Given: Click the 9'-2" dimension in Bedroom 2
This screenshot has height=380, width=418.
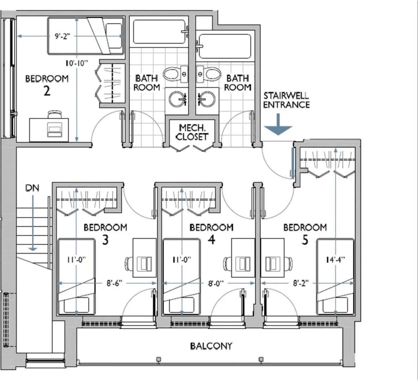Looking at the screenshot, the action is point(63,36).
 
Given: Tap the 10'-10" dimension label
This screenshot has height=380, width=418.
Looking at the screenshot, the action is point(77,63).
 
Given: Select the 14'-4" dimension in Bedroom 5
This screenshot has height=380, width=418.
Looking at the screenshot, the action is point(336,259).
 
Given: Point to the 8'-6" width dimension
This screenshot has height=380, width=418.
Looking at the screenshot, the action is point(115,283).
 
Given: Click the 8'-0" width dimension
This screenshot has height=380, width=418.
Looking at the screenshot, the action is point(216,283).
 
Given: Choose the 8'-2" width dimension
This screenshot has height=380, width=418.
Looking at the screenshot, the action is point(301,283).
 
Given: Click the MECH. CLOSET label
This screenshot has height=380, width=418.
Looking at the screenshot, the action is point(192,132).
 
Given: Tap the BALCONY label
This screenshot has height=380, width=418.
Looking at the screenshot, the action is point(211,346).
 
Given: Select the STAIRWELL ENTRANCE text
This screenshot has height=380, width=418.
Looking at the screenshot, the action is point(286,100).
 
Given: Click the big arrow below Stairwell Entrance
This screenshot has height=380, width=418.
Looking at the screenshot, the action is point(278,124).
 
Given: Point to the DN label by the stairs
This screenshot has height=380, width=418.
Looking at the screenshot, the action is point(32,188).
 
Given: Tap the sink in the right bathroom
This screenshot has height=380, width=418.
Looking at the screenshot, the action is point(207,99).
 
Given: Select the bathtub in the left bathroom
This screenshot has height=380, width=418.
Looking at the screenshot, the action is point(159,32).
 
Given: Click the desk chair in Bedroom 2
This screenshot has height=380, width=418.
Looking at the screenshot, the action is point(54,114).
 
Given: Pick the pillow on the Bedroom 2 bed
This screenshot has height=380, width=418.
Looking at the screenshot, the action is point(114,36).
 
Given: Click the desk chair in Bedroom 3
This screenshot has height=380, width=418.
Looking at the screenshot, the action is point(129,264).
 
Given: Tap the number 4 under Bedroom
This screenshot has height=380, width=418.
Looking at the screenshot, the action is point(211,240).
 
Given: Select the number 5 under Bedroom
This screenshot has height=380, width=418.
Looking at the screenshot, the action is point(305,240).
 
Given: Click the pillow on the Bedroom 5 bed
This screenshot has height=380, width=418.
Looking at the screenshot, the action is point(335,305).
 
